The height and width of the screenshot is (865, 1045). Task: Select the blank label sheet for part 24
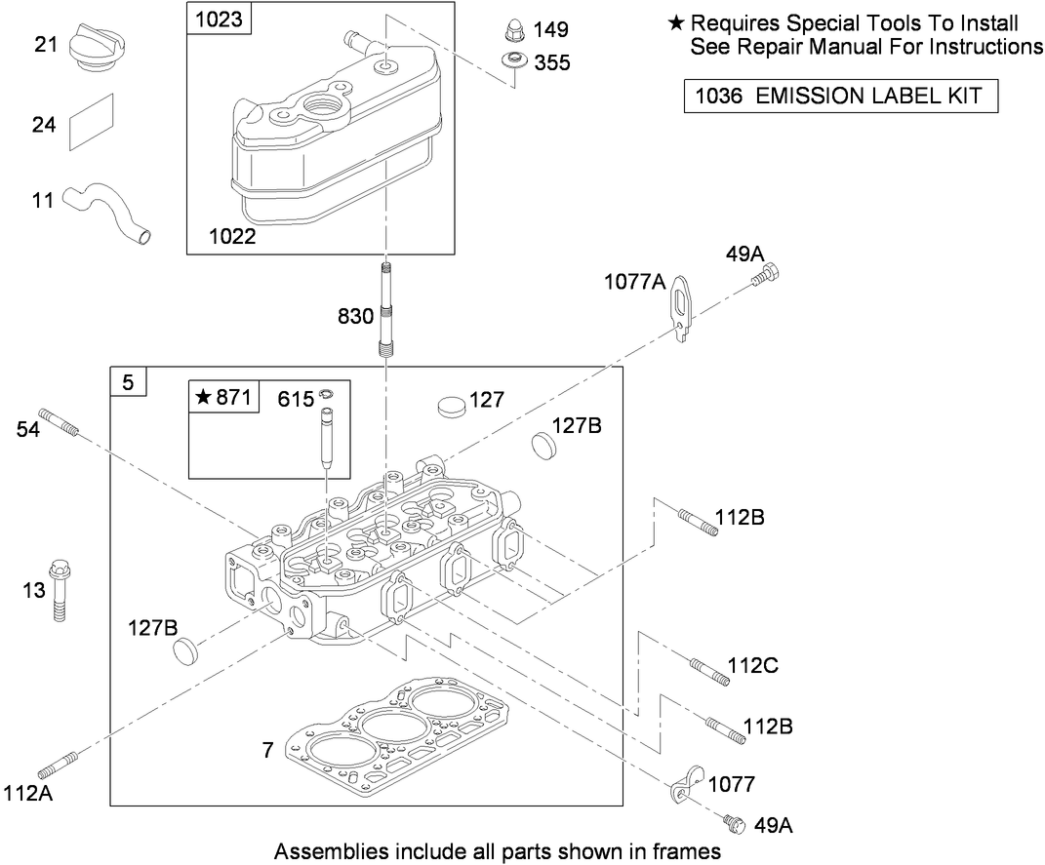coord(92,122)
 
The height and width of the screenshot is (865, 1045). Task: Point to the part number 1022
coord(232,236)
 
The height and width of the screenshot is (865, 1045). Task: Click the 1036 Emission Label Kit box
coord(840,96)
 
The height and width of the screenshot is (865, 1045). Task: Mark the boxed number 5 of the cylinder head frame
coord(128,382)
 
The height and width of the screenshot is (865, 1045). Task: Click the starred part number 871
coord(224,397)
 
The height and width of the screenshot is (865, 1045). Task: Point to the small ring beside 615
coord(327,394)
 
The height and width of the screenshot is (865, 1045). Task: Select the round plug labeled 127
coord(451,406)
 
